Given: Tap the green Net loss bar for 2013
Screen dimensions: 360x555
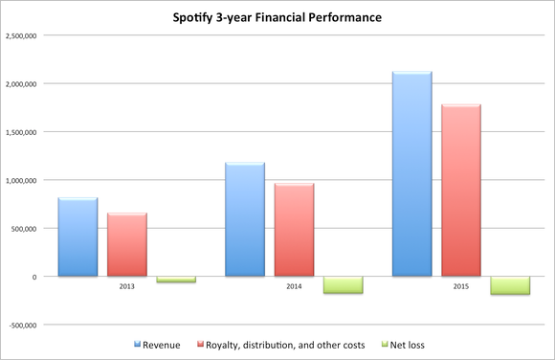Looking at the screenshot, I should (x=176, y=280).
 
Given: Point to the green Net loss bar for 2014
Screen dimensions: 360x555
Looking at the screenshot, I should (x=343, y=284).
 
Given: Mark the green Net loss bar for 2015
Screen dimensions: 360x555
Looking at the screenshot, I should (x=510, y=285).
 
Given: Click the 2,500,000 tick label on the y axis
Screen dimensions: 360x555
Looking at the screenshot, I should (x=26, y=35).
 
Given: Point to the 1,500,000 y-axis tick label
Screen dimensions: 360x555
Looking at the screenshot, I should (x=26, y=132).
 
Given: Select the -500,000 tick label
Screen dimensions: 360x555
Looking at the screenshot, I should (x=28, y=325).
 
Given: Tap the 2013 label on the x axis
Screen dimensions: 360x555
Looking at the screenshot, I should (x=126, y=285).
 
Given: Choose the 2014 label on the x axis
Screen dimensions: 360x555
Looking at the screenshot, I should (x=294, y=285).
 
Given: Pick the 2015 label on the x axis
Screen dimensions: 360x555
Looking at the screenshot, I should (x=460, y=285).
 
